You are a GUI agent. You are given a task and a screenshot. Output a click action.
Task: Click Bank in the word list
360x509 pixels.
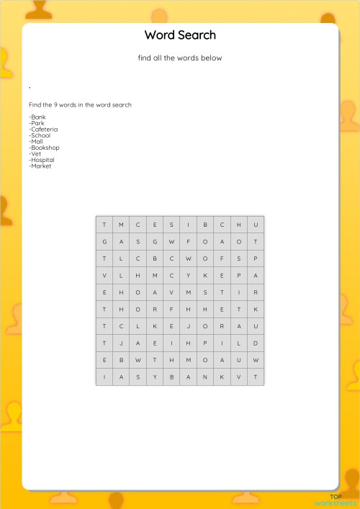[x=37, y=117]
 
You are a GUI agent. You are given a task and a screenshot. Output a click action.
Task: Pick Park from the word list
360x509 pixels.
[x=37, y=123]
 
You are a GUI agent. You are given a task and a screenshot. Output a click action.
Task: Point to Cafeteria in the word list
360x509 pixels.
[x=43, y=130]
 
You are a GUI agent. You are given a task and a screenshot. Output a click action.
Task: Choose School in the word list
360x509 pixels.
[x=40, y=135]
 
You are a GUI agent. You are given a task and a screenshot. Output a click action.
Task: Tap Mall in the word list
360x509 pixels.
[x=36, y=142]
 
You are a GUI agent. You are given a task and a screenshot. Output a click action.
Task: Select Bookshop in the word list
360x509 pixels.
[x=44, y=148]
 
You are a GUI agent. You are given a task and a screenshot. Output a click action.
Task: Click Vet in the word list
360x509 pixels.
[x=35, y=154]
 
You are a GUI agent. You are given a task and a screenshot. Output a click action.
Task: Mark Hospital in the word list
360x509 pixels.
[x=42, y=160]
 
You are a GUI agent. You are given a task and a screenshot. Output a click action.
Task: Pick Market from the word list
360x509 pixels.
[x=40, y=166]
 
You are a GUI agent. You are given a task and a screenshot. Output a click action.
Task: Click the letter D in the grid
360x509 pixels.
[x=256, y=343]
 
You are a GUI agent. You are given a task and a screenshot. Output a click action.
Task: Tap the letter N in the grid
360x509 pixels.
[x=205, y=377]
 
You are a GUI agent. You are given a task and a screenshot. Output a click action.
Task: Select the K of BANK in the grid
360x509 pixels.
[x=222, y=377]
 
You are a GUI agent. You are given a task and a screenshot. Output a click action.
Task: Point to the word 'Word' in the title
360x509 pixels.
[x=159, y=35]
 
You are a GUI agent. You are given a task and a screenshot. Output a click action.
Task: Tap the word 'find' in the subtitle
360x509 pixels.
[x=144, y=58]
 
